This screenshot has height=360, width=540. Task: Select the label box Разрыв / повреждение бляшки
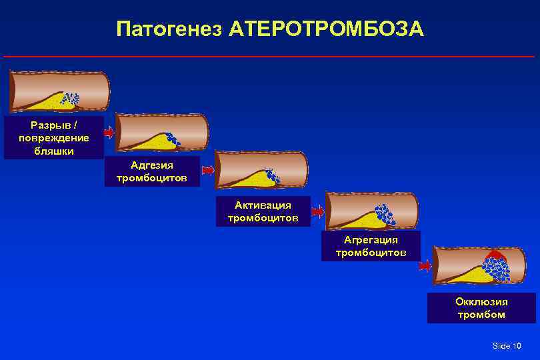click(54, 138)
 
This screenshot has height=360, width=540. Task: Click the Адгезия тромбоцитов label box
click(152, 172)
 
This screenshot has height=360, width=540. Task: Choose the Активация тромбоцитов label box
click(263, 211)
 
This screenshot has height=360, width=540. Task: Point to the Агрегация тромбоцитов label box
click(371, 246)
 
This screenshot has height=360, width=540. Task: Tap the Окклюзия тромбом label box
click(481, 308)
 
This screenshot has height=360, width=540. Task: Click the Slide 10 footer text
click(507, 345)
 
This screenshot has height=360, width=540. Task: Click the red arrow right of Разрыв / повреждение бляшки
click(109, 133)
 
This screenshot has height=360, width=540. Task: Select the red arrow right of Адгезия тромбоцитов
click(208, 171)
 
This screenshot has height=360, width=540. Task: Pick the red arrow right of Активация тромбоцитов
click(318, 212)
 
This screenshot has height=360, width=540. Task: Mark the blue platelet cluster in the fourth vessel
click(384, 214)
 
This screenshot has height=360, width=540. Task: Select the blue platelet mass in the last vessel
click(497, 269)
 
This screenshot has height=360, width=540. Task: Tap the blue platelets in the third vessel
click(271, 176)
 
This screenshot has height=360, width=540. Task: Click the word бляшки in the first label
click(54, 151)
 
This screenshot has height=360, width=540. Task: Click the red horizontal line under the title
click(269, 57)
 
